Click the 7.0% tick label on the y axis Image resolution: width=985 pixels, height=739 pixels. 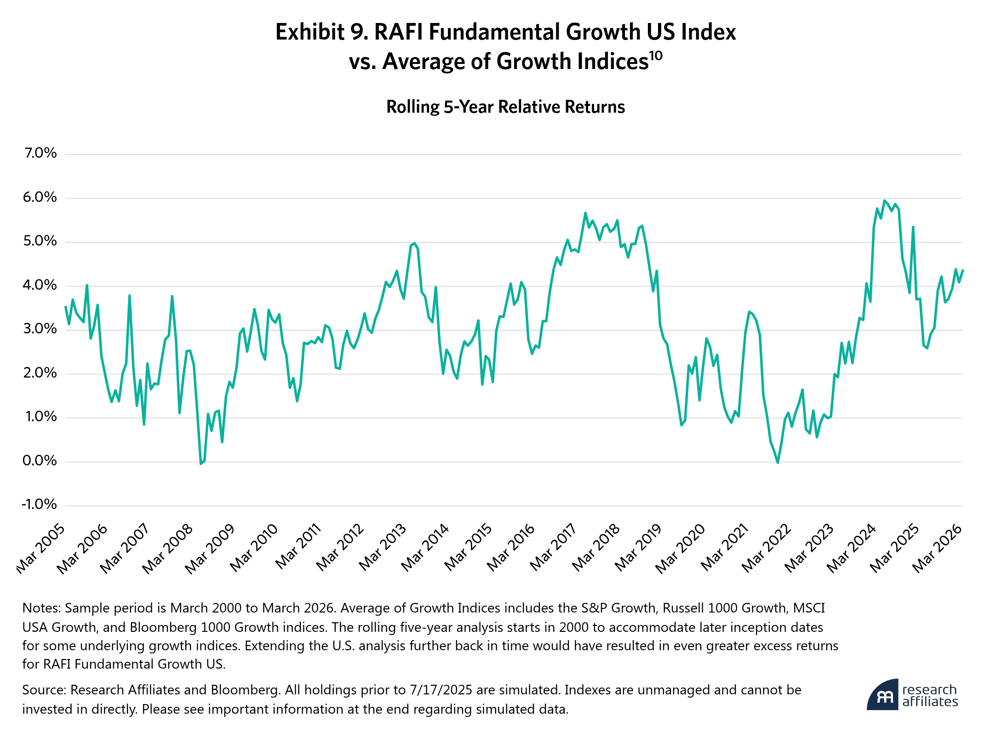coord(40,153)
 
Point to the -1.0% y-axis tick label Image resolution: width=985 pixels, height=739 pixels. coord(39,504)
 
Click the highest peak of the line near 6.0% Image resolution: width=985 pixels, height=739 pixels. coord(884,201)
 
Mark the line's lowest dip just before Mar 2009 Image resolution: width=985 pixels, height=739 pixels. coord(201,464)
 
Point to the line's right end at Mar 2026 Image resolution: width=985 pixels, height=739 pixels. coord(962,270)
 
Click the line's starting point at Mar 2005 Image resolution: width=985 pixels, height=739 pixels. coord(66,307)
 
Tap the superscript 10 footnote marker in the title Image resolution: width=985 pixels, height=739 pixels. coord(656,56)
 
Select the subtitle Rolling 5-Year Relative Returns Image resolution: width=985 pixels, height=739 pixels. coord(505,107)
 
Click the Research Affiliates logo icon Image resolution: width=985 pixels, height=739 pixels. coord(882,695)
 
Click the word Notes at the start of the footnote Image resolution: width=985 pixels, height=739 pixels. coord(41,608)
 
